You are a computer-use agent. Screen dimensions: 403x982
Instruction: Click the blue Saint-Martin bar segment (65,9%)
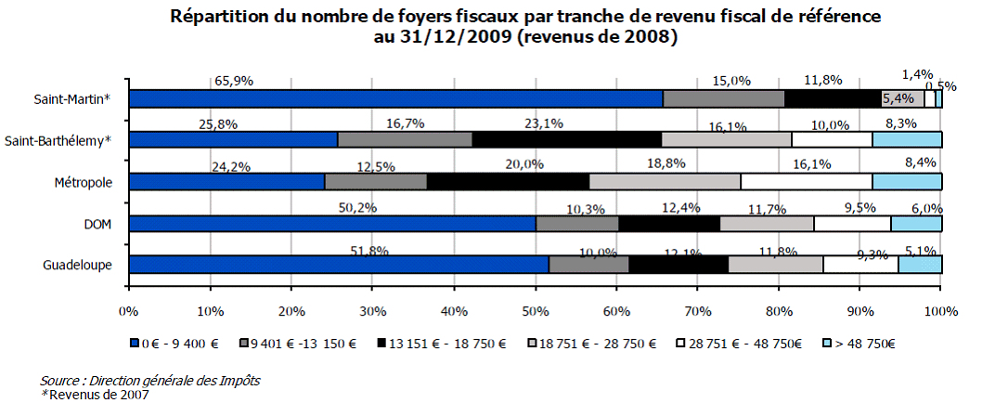[x=396, y=98]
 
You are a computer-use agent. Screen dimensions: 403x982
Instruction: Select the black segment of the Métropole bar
[x=508, y=181]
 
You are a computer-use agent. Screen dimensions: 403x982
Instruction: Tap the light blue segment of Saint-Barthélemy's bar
[x=907, y=139]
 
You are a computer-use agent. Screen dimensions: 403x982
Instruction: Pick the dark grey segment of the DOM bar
[x=577, y=223]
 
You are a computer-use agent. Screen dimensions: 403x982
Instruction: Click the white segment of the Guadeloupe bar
[x=860, y=265]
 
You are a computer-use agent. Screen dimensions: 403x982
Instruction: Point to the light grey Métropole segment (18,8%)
[x=665, y=181]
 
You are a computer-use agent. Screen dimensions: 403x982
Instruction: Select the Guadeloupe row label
[x=78, y=266]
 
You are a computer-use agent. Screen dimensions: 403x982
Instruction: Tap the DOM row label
[x=98, y=224]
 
